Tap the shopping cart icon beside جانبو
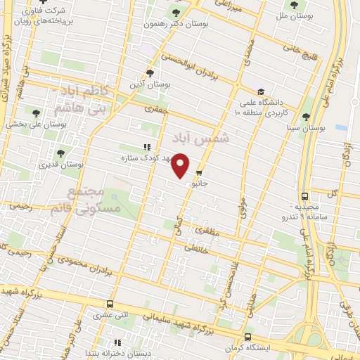[200, 172]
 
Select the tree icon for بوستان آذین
[149, 72]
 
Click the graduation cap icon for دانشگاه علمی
[261, 91]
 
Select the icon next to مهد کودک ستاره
[146, 147]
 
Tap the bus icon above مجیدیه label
[304, 197]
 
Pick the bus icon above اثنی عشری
[110, 304]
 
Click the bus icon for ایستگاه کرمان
[248, 337]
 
